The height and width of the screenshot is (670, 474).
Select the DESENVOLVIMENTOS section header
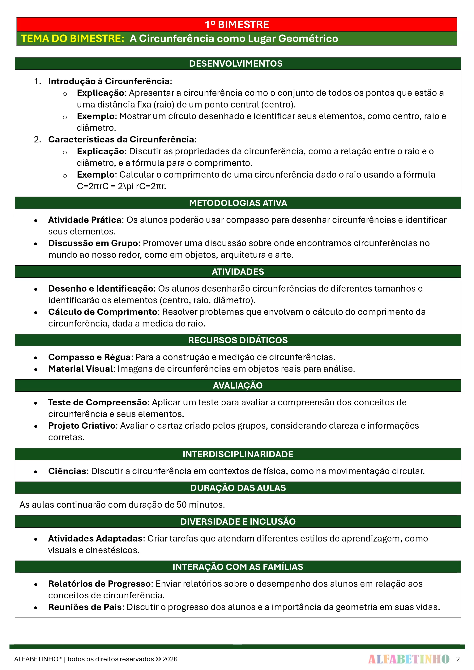tap(236, 64)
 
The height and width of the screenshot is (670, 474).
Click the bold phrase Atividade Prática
tap(85, 220)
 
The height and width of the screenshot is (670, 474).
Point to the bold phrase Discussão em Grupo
tap(93, 243)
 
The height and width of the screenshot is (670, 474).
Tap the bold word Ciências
tap(67, 471)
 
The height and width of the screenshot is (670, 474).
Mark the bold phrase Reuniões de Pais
tap(85, 607)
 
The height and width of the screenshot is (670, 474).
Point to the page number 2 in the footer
tap(458, 659)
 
